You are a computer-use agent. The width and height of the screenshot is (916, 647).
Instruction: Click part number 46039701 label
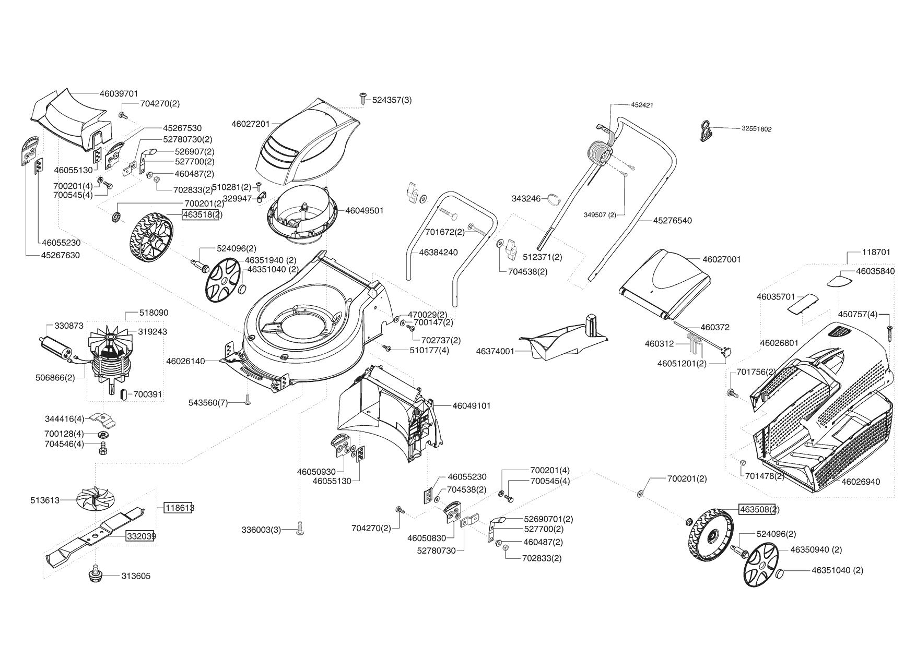point(119,94)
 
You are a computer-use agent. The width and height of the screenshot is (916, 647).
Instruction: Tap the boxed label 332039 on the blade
point(140,536)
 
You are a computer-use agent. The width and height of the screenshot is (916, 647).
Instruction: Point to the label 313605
point(136,576)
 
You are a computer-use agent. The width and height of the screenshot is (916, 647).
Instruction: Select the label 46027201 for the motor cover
point(251,124)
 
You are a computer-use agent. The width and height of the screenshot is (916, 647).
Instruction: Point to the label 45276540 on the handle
point(672,221)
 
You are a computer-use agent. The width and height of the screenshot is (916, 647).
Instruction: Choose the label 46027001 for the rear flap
point(722,259)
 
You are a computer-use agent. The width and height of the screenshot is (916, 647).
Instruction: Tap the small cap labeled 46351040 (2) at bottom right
point(778,574)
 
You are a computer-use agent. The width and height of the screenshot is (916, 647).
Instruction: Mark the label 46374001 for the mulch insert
point(495,352)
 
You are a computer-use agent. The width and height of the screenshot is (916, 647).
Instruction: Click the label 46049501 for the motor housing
point(364,211)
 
